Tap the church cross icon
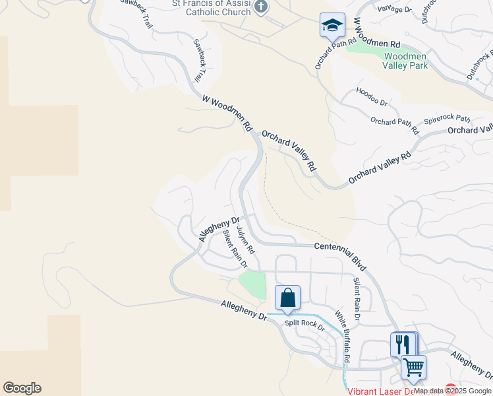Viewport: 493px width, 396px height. (x=261, y=7)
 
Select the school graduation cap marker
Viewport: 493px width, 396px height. (x=332, y=26)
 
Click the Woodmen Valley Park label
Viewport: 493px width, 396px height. (x=405, y=61)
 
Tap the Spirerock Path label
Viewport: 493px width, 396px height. (x=448, y=120)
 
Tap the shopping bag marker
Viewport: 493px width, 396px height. (x=287, y=298)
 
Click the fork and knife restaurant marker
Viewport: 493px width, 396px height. (x=403, y=344)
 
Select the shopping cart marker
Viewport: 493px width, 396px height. (x=413, y=366)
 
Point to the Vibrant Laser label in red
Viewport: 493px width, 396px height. (x=379, y=391)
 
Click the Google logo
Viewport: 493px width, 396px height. (x=22, y=388)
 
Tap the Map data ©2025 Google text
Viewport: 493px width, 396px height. (x=453, y=391)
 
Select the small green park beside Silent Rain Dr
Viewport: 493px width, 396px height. (x=252, y=284)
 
